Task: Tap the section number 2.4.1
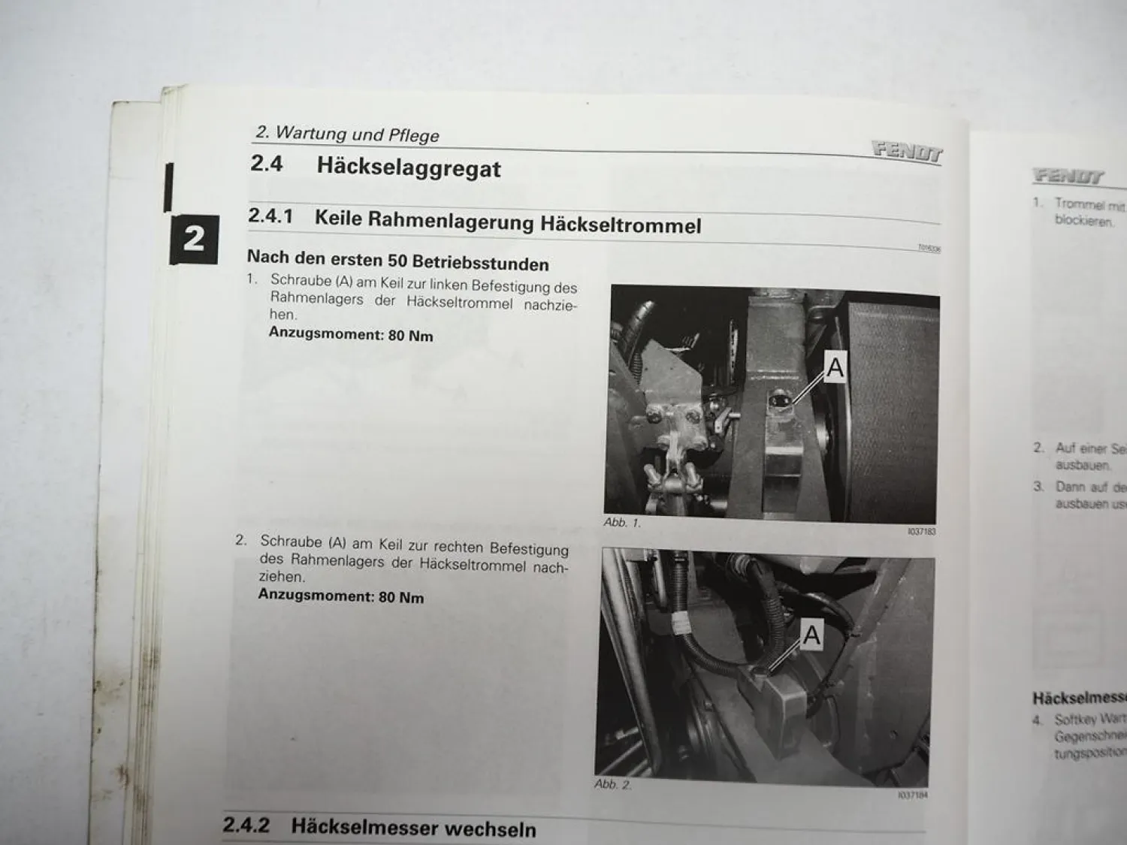(270, 216)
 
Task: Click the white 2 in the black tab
(194, 239)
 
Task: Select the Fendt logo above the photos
(907, 151)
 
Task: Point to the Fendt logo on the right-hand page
(1068, 177)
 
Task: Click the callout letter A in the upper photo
(835, 367)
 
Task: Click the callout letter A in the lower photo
(811, 635)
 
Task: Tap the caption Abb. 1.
(621, 522)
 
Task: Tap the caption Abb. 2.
(612, 783)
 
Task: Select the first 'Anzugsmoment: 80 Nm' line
(351, 334)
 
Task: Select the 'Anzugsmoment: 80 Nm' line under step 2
(341, 596)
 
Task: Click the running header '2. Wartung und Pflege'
(347, 134)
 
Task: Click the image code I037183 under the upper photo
(921, 532)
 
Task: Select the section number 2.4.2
(246, 825)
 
